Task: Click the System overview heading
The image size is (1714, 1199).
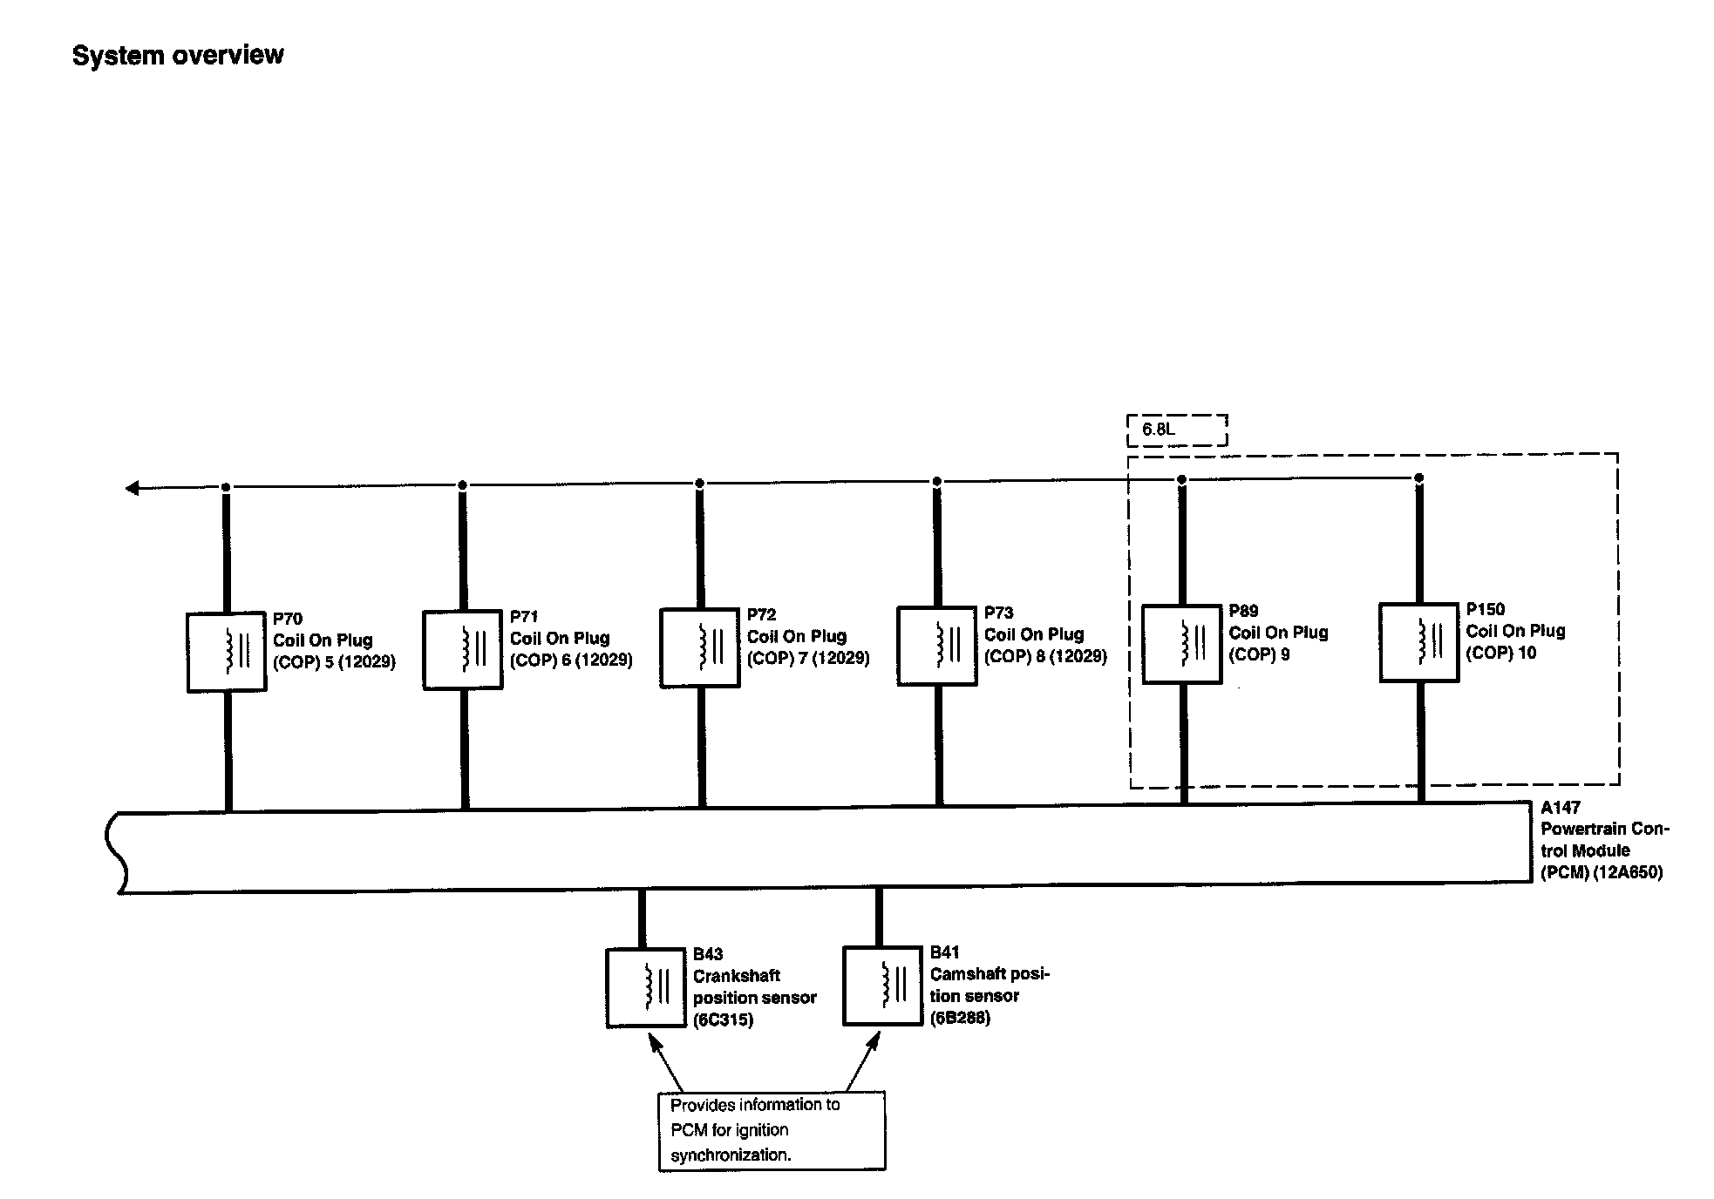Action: point(178,55)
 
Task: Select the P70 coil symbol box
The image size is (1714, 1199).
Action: point(227,652)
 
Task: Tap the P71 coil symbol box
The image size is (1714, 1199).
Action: point(463,650)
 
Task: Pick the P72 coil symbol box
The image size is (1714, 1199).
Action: point(700,648)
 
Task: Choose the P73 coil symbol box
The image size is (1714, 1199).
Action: point(937,647)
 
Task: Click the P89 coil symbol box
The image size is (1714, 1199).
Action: point(1181,645)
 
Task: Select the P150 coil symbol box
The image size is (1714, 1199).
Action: point(1418,643)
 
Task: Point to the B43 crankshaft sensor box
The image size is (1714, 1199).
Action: point(646,988)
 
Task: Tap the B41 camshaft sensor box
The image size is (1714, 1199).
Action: point(882,986)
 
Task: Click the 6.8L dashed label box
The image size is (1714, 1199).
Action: point(1177,430)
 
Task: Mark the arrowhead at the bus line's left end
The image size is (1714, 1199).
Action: point(132,488)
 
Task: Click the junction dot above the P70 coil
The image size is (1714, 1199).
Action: point(226,486)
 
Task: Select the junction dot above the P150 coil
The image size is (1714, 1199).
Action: point(1418,478)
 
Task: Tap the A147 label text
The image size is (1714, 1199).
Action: point(1561,808)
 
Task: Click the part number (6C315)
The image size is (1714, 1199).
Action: point(723,1019)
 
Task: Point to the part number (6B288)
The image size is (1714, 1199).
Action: point(960,1018)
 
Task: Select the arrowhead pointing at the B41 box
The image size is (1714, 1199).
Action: point(875,1039)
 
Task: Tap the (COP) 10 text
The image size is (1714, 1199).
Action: point(1500,653)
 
